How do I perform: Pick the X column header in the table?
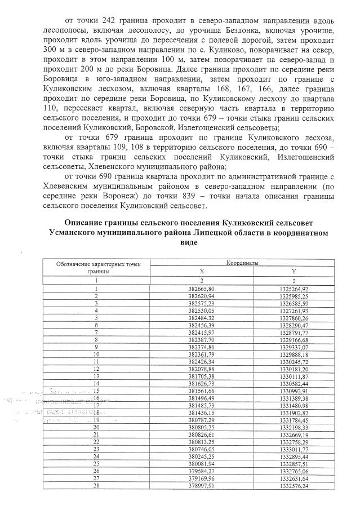(202, 271)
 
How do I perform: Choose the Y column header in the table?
(292, 271)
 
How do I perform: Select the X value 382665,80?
(202, 289)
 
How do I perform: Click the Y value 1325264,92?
(292, 289)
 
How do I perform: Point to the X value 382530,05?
(202, 311)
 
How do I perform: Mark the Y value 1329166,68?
(292, 340)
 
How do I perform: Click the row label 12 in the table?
(96, 369)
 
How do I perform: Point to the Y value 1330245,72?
(292, 361)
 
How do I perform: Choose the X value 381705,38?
(202, 376)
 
